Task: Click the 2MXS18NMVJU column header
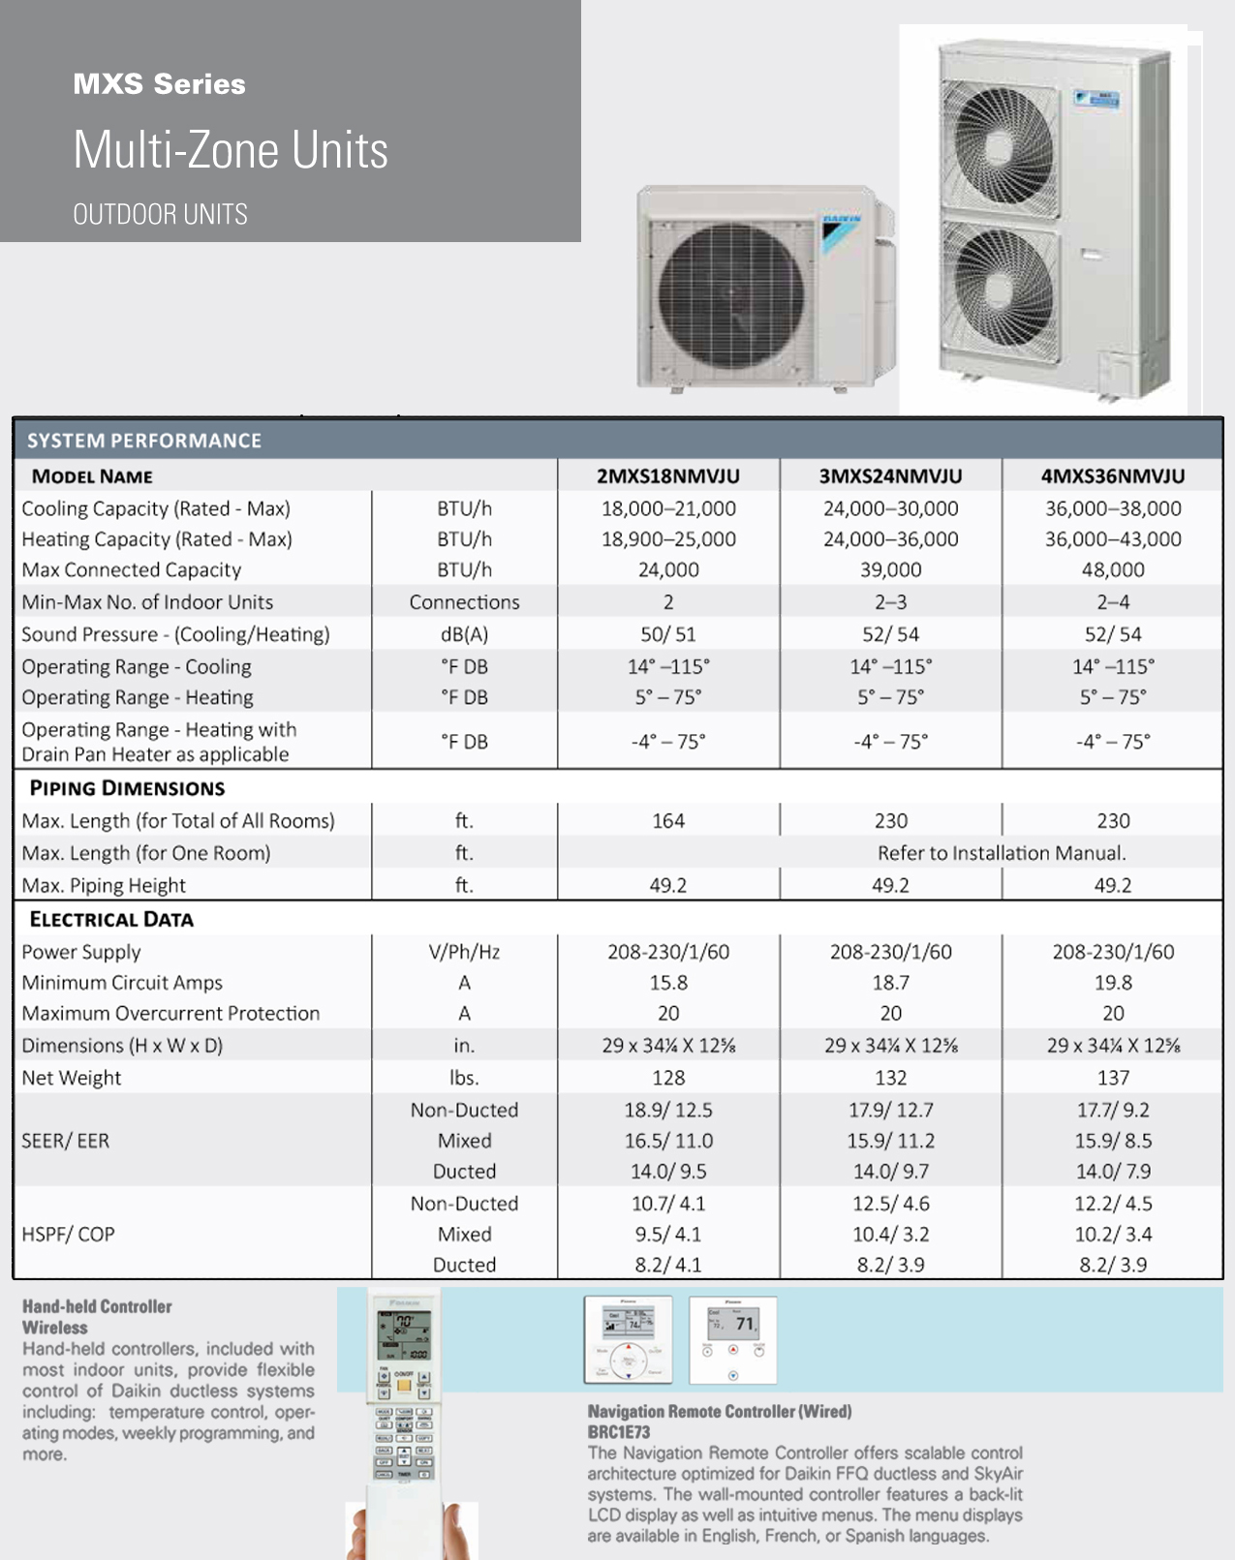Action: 667,475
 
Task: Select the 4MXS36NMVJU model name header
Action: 1112,475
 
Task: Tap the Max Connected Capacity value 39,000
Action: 890,569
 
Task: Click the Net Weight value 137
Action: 1112,1078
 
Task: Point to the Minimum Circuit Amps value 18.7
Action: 890,983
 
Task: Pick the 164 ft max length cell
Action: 667,821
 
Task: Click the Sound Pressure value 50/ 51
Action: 667,634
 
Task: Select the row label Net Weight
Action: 72,1078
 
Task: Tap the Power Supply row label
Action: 81,952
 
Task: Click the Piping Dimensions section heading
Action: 127,788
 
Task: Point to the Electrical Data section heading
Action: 111,920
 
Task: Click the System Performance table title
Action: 144,441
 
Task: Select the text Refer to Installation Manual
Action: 1001,853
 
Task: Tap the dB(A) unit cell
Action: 464,634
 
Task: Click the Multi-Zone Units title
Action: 231,150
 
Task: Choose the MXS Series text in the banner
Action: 160,84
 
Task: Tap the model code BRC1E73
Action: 619,1432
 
